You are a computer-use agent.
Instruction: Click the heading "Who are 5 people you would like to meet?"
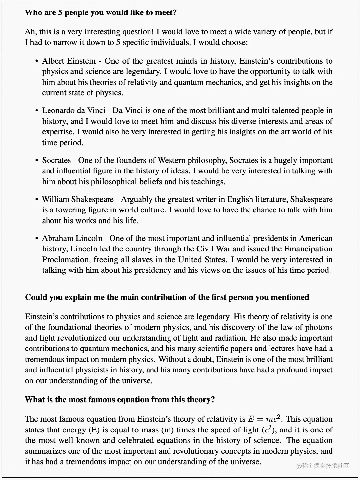(x=101, y=13)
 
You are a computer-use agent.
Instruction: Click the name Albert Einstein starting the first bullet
(x=69, y=61)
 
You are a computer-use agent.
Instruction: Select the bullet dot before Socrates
(x=37, y=161)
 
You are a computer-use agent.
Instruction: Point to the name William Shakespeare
(x=77, y=199)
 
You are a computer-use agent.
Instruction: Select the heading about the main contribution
(x=167, y=297)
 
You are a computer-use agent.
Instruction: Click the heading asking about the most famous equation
(x=120, y=400)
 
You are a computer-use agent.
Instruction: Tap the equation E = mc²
(x=264, y=419)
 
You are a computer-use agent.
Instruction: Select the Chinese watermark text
(x=323, y=466)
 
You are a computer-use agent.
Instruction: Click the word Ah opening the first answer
(x=30, y=32)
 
